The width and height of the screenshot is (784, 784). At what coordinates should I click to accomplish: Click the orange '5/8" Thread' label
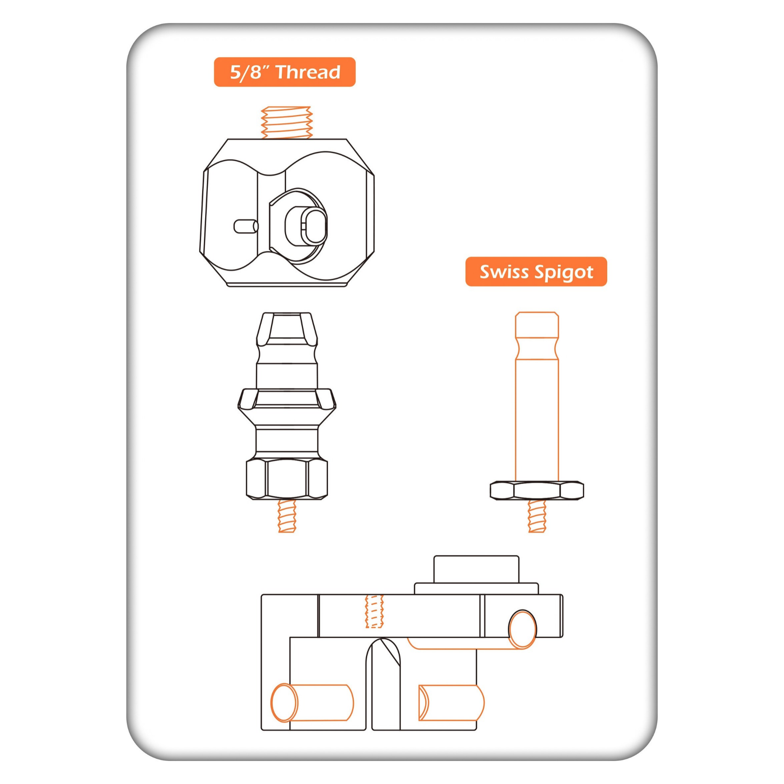(284, 72)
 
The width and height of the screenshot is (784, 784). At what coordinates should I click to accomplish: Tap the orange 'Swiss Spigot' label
(536, 271)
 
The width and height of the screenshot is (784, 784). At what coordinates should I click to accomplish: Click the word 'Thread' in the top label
(308, 72)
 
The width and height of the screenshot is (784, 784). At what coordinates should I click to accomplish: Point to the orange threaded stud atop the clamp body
(287, 122)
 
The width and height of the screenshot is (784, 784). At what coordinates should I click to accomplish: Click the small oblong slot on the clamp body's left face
(246, 226)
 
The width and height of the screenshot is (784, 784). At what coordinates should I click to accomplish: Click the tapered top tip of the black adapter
(287, 327)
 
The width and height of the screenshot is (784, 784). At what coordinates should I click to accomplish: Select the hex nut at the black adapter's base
(287, 479)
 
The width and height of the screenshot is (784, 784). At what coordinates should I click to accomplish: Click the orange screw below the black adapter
(287, 516)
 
